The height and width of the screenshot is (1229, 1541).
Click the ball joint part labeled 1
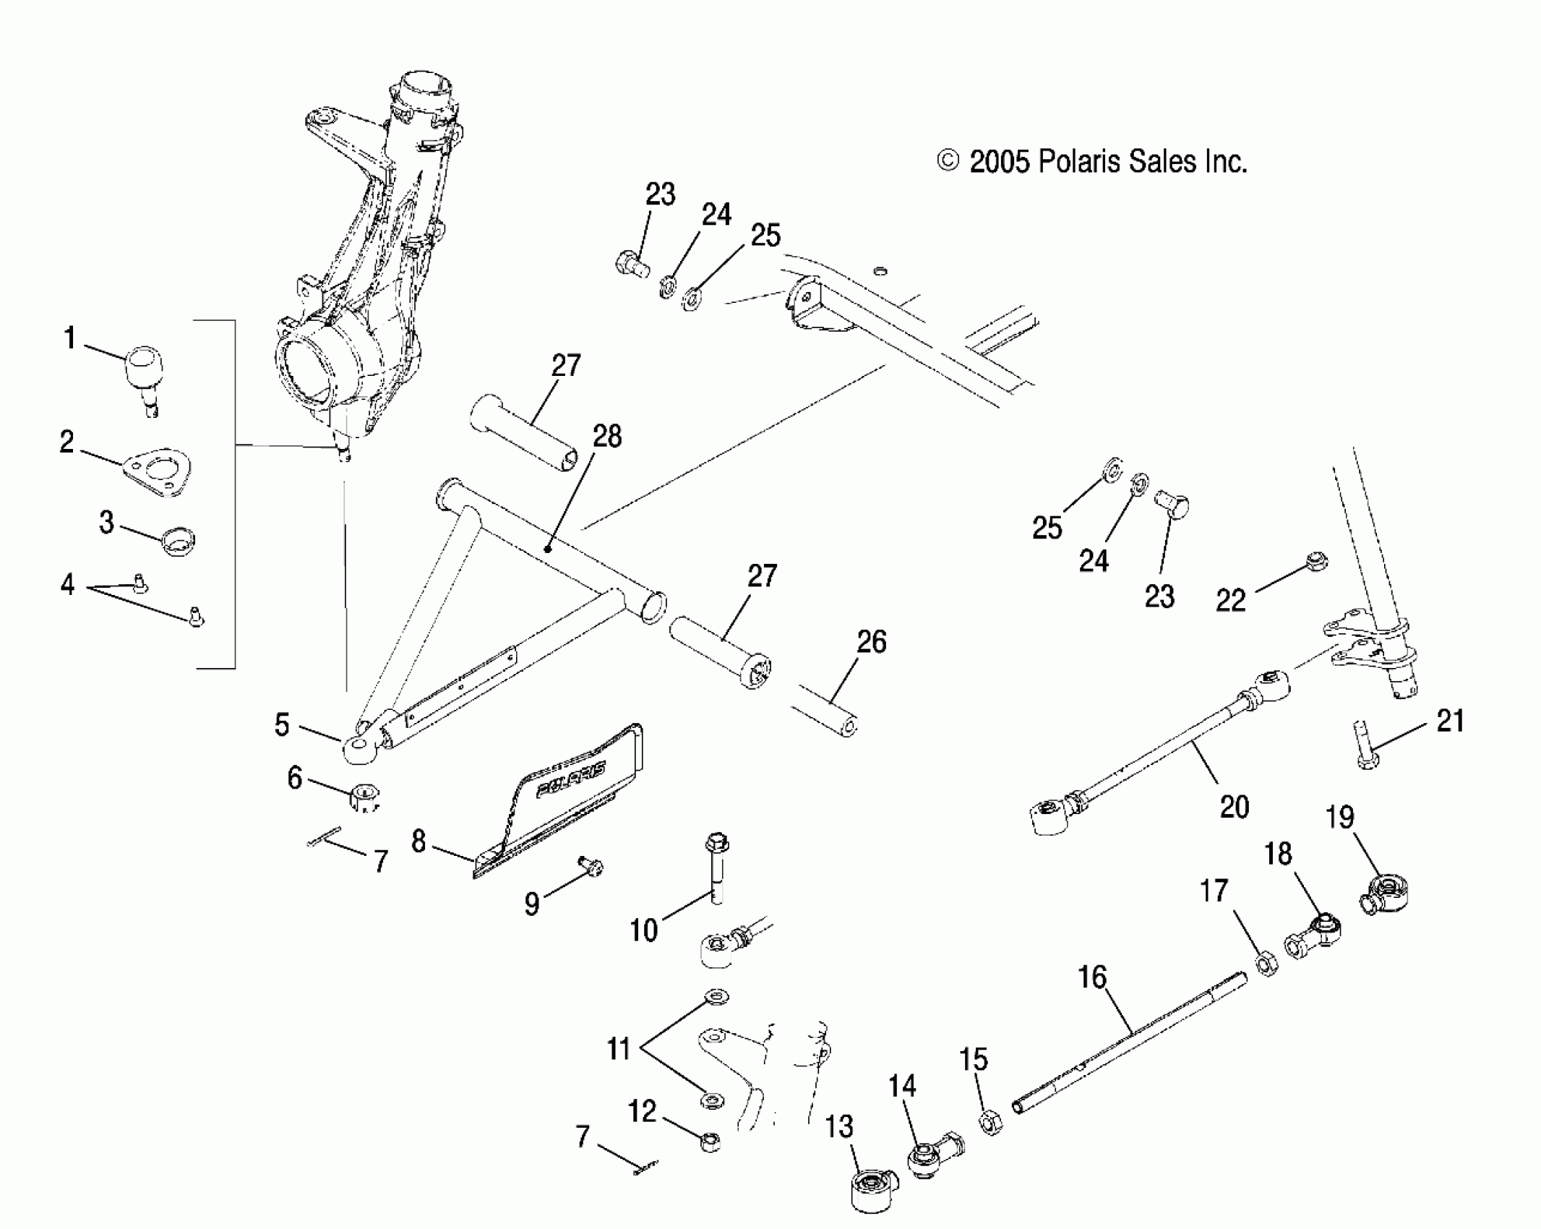click(x=145, y=370)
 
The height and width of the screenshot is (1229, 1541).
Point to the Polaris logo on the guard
click(x=571, y=779)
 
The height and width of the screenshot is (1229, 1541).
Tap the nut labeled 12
click(x=711, y=1142)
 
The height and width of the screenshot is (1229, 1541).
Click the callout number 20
click(x=1234, y=807)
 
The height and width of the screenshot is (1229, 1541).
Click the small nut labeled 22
click(x=1317, y=561)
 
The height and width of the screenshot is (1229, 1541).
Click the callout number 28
click(x=607, y=437)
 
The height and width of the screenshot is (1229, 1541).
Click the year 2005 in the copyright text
click(x=999, y=162)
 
